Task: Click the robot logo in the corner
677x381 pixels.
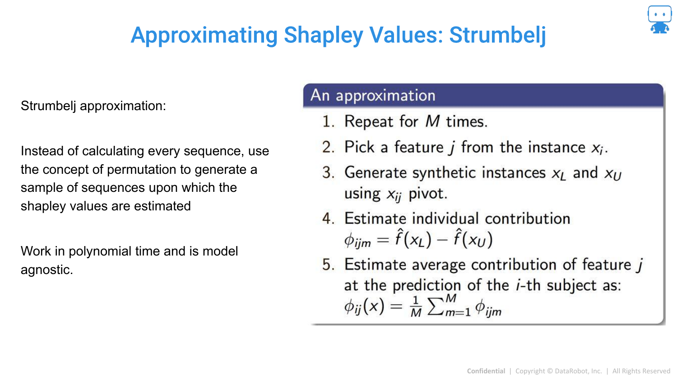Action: point(659,19)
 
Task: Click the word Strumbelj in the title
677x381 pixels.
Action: point(497,35)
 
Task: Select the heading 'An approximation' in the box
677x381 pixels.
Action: point(373,96)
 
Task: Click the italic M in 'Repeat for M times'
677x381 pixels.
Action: point(432,121)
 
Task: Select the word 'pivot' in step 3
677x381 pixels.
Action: point(428,194)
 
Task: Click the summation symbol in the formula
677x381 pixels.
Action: point(436,307)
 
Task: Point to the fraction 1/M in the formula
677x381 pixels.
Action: point(416,307)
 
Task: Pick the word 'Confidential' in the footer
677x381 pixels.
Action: point(486,371)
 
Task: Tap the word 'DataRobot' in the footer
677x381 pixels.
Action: point(572,371)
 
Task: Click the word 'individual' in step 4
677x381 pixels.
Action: point(448,218)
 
